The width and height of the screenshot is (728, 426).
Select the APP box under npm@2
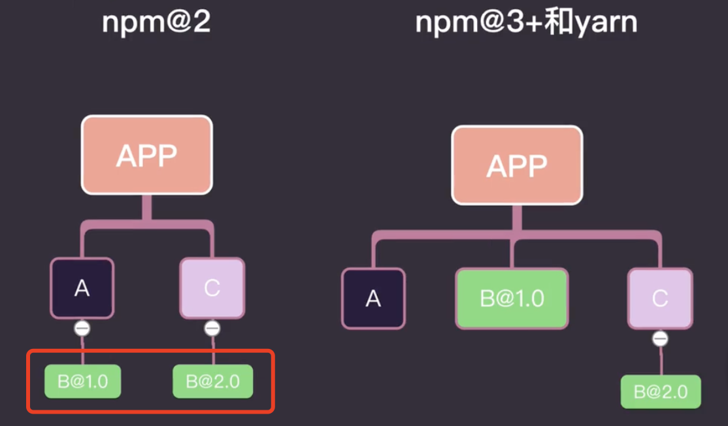coord(147,155)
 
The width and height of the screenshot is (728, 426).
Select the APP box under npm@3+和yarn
coord(517,165)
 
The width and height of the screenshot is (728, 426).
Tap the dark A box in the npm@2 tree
coord(82,288)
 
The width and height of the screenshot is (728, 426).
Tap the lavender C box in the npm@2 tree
coord(212,288)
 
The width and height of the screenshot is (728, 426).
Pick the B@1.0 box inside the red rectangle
coord(82,382)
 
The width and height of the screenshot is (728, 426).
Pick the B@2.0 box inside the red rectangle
coord(212,382)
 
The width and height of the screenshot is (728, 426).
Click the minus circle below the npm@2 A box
coord(82,328)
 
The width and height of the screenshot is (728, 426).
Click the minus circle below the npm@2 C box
coord(212,328)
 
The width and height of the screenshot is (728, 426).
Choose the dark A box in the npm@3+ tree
coord(373,299)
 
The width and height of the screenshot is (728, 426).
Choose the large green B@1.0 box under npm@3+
coord(512,299)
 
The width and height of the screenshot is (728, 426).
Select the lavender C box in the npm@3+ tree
coord(659,299)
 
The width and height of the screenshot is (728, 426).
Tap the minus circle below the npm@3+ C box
coord(660,338)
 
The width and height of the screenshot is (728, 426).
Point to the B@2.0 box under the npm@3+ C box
coord(660,392)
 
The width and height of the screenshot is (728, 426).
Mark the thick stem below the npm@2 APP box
coord(147,208)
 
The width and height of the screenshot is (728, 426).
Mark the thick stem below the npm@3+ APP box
coord(517,217)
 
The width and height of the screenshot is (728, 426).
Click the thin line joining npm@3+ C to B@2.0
coord(661,361)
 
